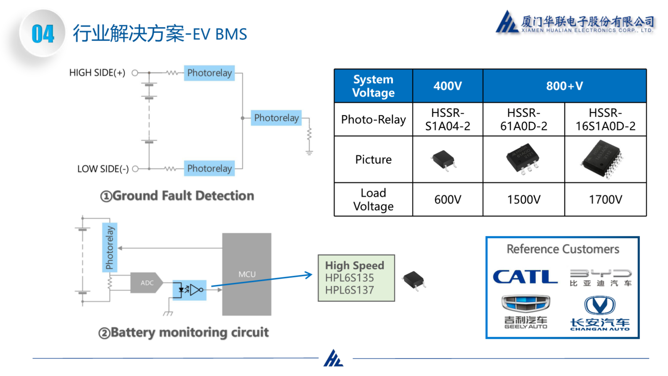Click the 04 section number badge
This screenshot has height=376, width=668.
(x=42, y=34)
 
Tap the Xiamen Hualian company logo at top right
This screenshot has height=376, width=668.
(x=575, y=22)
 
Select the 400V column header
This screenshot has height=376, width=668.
(x=447, y=86)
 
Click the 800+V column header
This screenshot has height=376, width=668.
(x=564, y=86)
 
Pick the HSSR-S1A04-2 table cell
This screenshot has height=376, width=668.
(x=447, y=119)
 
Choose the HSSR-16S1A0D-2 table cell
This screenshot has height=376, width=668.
(x=605, y=119)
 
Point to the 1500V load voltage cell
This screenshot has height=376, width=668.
(x=524, y=199)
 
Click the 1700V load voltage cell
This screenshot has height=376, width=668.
(x=605, y=199)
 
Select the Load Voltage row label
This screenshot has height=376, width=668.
(x=373, y=199)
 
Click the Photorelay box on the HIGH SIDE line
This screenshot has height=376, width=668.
(x=209, y=73)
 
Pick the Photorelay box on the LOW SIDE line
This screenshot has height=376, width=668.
(x=209, y=169)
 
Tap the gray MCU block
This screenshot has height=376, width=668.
(x=247, y=274)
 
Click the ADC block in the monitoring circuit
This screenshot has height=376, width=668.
(x=146, y=283)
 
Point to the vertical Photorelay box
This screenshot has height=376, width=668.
(x=110, y=247)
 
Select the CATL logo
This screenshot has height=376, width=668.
(x=525, y=277)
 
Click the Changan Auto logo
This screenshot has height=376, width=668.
(x=600, y=313)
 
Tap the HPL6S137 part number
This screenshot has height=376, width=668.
(x=349, y=290)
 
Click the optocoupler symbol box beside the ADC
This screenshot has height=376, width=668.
(x=190, y=290)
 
